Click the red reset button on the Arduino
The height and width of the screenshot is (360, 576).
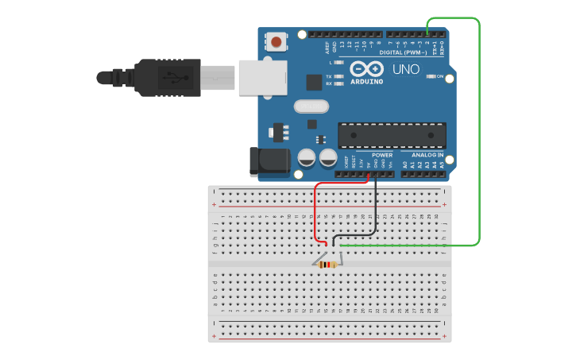(276, 41)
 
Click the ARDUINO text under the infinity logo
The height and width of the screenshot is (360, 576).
(366, 81)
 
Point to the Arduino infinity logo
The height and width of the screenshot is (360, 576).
(366, 69)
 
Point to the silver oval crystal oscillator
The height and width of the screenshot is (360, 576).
(311, 106)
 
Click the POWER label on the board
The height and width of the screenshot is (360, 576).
(382, 155)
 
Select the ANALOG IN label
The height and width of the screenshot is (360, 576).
(427, 155)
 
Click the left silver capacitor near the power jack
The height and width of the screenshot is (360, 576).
(306, 158)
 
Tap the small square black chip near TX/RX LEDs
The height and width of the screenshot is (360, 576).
(315, 82)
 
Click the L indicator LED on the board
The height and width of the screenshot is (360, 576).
(340, 62)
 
